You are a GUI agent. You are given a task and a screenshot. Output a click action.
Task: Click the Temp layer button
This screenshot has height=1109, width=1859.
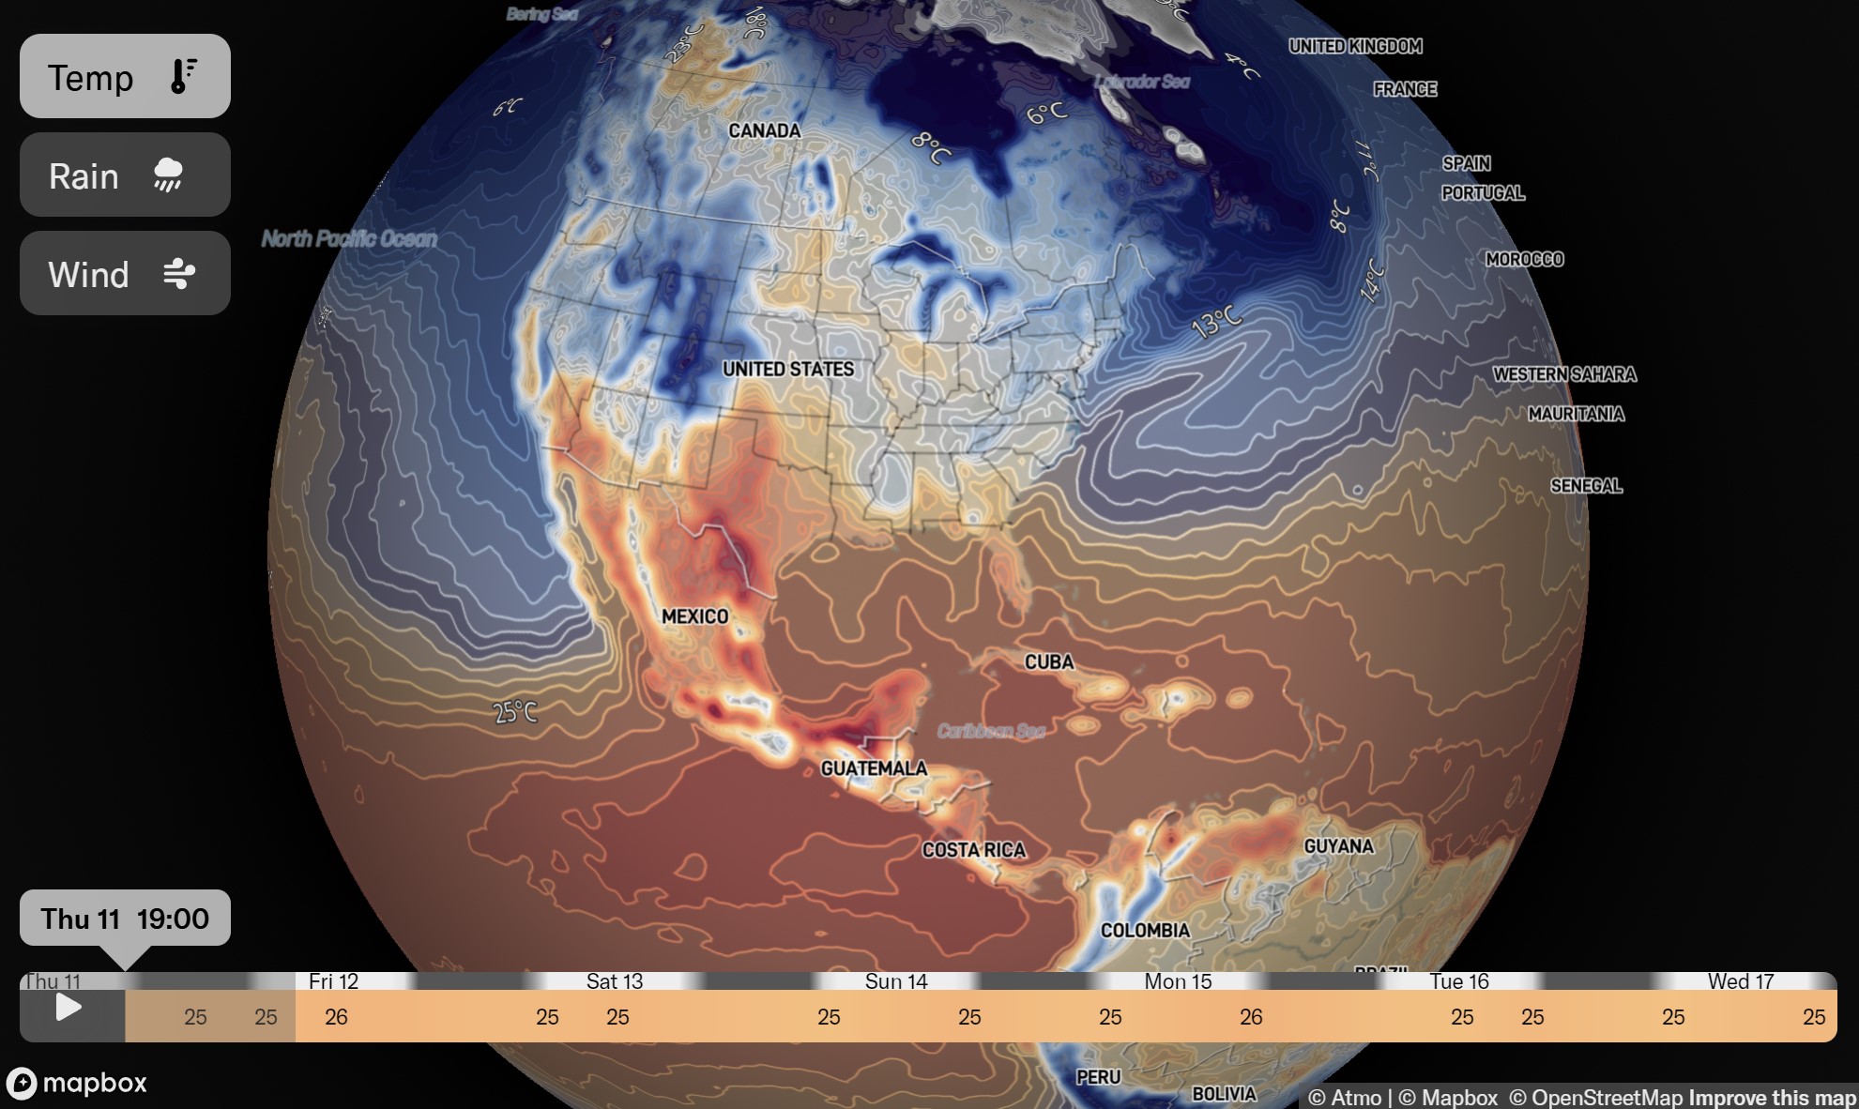point(125,76)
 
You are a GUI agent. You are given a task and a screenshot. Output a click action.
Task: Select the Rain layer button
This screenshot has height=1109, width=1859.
point(125,175)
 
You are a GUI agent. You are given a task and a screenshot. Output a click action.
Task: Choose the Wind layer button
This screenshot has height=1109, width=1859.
point(125,273)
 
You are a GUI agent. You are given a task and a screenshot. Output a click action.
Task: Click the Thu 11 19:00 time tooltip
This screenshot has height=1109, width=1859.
point(125,918)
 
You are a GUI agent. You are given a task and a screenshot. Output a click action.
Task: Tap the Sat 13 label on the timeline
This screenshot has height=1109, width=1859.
point(614,981)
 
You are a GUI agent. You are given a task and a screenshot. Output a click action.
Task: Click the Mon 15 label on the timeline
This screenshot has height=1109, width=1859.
point(1177,981)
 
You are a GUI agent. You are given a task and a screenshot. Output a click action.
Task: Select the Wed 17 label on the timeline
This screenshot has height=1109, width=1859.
point(1740,981)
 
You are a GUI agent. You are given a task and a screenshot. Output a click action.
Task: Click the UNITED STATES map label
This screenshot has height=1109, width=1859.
point(787,369)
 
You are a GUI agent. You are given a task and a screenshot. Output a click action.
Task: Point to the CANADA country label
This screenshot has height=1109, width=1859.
point(764,130)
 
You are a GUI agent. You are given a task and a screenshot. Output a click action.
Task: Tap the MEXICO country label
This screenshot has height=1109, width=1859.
point(694,616)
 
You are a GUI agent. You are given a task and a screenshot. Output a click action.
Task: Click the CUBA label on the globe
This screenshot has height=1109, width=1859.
point(1048,661)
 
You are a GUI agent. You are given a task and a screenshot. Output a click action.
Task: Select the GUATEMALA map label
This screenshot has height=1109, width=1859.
point(873,768)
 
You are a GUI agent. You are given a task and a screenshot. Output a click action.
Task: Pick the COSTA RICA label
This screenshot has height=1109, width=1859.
point(973,850)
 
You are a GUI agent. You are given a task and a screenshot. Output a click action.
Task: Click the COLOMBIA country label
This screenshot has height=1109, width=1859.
point(1144,931)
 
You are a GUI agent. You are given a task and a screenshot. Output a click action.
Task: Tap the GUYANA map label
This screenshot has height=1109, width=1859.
point(1338,846)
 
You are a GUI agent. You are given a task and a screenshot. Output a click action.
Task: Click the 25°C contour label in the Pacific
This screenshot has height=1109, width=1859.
point(515,712)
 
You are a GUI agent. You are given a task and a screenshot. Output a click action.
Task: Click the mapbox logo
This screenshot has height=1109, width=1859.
point(77,1083)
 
